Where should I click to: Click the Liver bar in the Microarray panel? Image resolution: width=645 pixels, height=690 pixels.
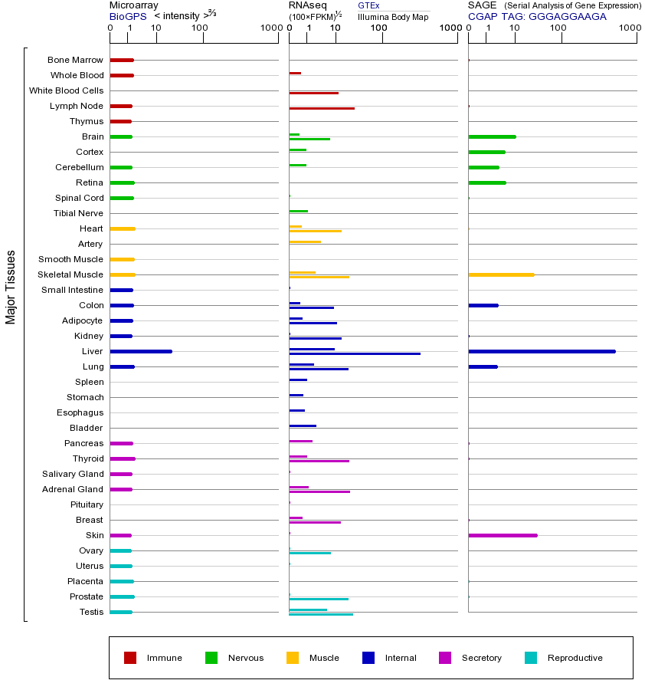tap(141, 351)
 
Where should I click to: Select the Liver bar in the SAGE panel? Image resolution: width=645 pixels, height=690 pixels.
tap(542, 351)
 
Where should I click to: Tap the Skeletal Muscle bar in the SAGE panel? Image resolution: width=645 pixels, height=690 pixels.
tap(501, 274)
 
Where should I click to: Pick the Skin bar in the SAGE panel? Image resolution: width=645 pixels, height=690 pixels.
tap(503, 535)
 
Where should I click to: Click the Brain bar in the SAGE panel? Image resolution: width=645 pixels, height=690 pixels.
tap(492, 136)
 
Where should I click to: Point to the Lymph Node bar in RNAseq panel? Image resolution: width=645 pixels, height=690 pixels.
tap(322, 108)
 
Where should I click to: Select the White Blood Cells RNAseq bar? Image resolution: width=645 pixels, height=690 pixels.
tap(313, 93)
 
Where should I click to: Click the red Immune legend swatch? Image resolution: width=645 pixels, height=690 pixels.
tap(130, 658)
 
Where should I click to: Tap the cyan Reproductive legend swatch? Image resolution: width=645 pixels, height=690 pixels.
tap(531, 658)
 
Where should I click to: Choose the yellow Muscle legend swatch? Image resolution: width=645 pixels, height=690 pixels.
tap(293, 658)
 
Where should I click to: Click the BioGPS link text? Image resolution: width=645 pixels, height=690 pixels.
tap(128, 16)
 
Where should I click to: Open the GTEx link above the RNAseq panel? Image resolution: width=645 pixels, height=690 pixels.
tap(368, 5)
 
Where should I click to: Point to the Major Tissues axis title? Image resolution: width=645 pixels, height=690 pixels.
tap(11, 287)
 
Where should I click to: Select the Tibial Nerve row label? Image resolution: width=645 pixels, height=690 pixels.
tap(78, 213)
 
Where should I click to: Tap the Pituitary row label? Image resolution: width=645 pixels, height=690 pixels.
tap(87, 504)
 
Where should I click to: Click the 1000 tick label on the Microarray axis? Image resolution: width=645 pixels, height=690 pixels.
tap(270, 28)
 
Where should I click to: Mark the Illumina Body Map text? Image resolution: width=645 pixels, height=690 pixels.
tap(393, 16)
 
